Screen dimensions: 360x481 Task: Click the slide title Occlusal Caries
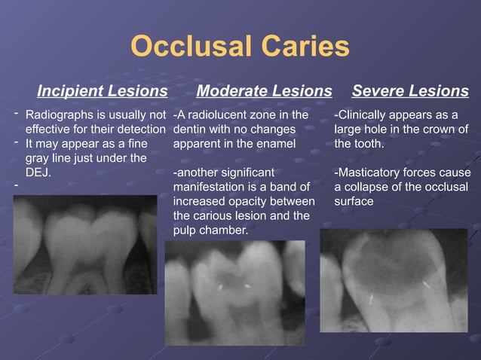(x=240, y=47)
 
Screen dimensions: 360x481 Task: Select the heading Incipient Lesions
(x=103, y=91)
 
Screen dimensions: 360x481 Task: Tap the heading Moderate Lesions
(x=264, y=91)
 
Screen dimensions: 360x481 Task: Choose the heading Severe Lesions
(x=410, y=91)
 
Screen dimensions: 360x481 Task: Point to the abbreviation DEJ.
(x=38, y=172)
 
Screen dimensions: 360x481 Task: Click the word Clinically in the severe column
(x=365, y=115)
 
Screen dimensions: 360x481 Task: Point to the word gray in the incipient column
(x=39, y=157)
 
